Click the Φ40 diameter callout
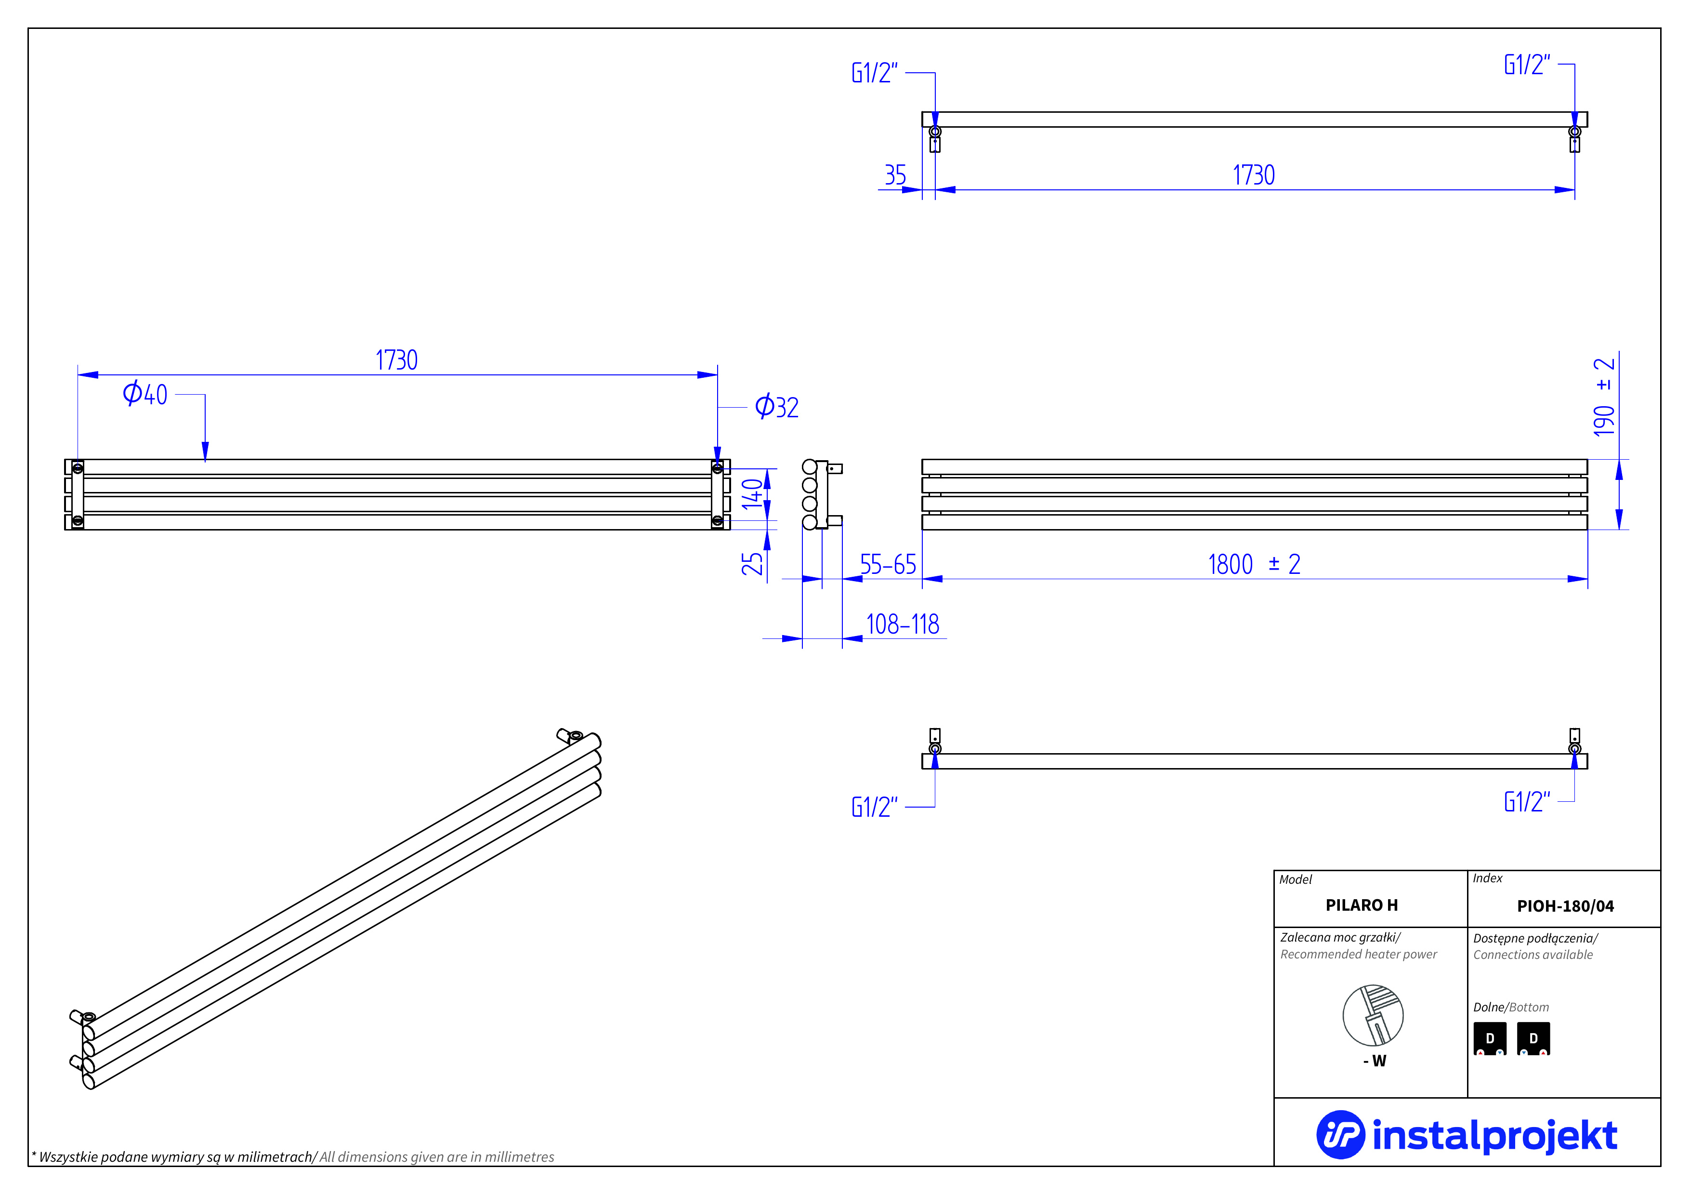pos(145,394)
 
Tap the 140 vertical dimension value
pos(751,494)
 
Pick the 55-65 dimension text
pos(888,565)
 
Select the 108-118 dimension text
pos(903,624)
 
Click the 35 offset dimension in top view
pos(895,175)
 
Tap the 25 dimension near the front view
pos(751,564)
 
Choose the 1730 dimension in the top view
pos(1254,175)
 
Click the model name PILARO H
pos(1361,905)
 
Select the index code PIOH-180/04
pos(1565,905)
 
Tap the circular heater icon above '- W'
pos(1373,1015)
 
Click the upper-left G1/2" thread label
pos(875,73)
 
